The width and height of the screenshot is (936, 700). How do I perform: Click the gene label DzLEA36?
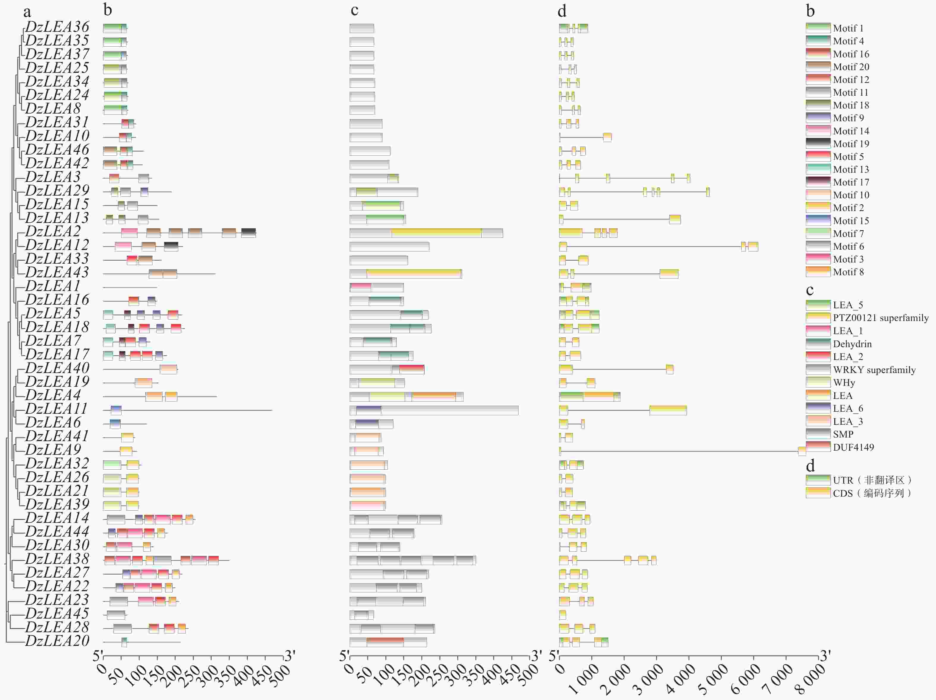[57, 27]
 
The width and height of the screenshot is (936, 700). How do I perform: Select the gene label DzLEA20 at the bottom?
[57, 641]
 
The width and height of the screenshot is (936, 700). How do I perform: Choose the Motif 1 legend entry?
[848, 28]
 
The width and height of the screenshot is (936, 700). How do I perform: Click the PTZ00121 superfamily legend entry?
[880, 318]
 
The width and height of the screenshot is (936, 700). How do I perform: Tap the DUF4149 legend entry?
[853, 447]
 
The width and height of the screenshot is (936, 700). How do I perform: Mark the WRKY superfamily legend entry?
[874, 370]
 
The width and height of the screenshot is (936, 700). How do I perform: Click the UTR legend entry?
[872, 480]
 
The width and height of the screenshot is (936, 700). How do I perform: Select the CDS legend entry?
[872, 493]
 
